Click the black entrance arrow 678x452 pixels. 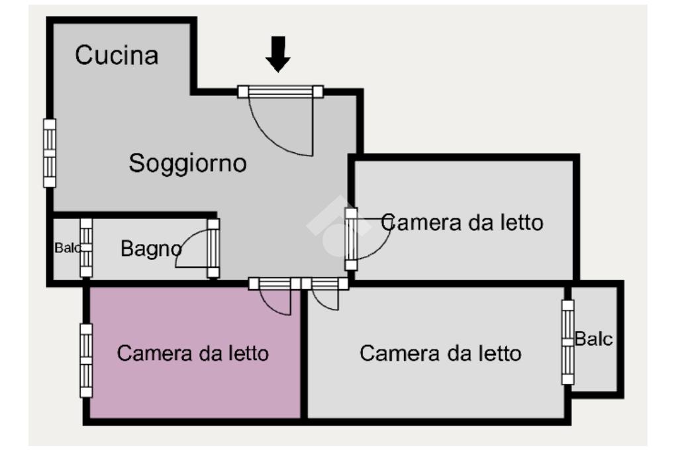[x=277, y=54]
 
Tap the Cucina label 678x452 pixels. [x=117, y=56]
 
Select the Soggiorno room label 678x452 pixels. [x=187, y=163]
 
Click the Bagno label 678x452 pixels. [x=151, y=249]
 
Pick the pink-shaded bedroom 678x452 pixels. [x=195, y=353]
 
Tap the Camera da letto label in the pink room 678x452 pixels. [x=193, y=353]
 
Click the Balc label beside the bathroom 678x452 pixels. [x=67, y=248]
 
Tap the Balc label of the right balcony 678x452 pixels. [x=593, y=339]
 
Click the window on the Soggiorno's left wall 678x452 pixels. [x=50, y=153]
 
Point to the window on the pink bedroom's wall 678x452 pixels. [x=86, y=361]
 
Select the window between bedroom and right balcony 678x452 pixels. [x=567, y=341]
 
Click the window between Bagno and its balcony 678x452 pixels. [x=86, y=248]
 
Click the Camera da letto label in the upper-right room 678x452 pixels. [x=462, y=222]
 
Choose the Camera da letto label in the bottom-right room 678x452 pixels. [x=440, y=353]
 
